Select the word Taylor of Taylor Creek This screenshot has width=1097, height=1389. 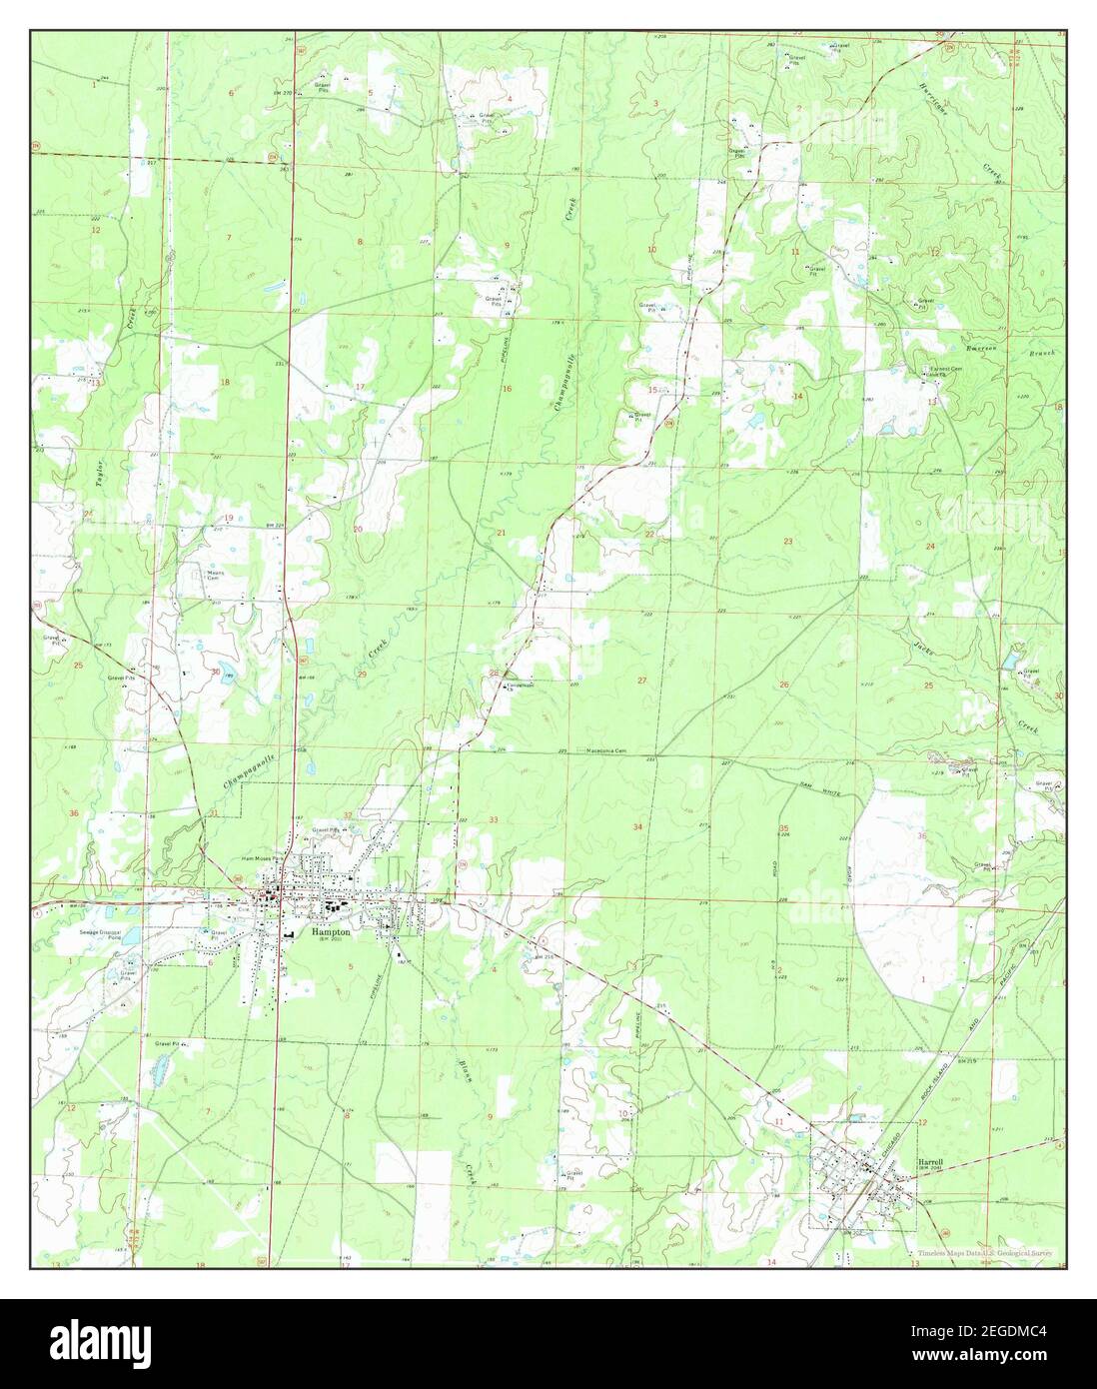100,474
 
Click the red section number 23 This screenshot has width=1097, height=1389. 788,541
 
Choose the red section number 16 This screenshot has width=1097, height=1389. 507,388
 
